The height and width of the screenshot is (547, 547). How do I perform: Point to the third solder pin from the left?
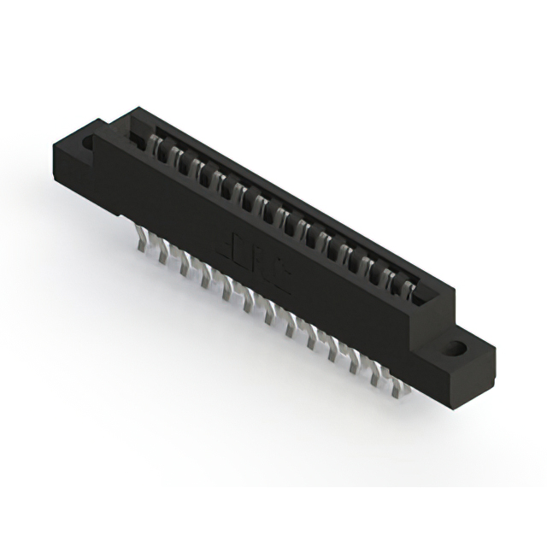point(184,266)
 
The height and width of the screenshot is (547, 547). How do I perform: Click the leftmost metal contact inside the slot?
point(156,147)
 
